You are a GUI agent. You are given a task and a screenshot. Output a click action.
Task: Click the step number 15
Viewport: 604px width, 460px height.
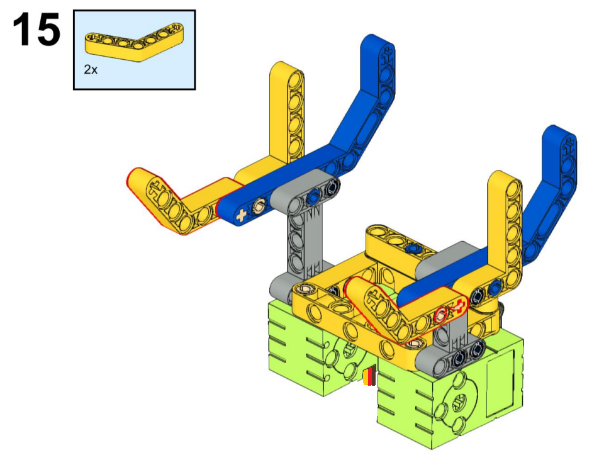36,30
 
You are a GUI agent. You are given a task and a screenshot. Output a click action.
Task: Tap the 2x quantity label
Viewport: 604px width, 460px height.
91,70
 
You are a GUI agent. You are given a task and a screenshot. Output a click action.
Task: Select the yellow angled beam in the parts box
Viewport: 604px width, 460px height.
134,42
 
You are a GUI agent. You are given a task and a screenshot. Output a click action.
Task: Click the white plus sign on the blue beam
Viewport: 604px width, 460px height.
241,215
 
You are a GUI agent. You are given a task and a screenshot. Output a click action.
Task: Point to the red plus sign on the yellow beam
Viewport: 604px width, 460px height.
458,306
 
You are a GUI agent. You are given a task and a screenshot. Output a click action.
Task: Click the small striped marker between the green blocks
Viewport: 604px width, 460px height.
369,376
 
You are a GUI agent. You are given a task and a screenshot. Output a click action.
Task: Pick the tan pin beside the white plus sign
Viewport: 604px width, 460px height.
257,208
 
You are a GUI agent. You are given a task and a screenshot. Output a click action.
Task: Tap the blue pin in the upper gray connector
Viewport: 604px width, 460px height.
313,196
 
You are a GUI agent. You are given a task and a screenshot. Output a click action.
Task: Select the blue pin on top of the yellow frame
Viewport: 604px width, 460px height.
414,248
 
